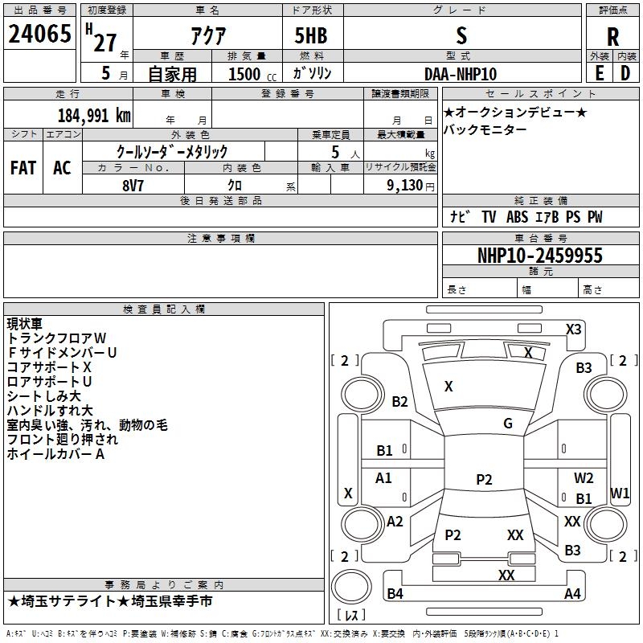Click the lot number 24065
coord(39,34)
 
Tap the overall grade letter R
coord(612,36)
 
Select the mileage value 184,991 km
coord(94,116)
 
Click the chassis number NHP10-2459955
coord(540,255)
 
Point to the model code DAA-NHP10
coord(461,74)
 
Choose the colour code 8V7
coord(133,186)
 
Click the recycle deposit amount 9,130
coord(405,185)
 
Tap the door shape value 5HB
coord(311,35)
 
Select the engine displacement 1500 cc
coord(252,74)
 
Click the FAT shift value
coord(23,168)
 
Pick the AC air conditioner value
coord(62,168)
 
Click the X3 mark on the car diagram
coord(573,330)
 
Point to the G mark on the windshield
coord(508,423)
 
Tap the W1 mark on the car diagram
coord(620,493)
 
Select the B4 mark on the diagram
coord(395,593)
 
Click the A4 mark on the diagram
coord(572,593)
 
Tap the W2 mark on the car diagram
coord(584,477)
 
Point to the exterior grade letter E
coord(599,73)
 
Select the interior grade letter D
coord(625,73)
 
